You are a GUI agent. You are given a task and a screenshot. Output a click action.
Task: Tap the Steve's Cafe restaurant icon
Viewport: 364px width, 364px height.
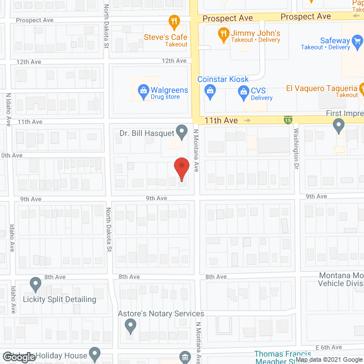pyautogui.click(x=175, y=23)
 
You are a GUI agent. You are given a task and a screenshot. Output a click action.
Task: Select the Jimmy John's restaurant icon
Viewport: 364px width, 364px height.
pyautogui.click(x=224, y=34)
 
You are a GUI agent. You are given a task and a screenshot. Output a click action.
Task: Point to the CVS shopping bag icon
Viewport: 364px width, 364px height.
pyautogui.click(x=243, y=90)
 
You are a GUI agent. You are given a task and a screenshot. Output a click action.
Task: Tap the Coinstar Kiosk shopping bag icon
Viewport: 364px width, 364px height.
pyautogui.click(x=210, y=90)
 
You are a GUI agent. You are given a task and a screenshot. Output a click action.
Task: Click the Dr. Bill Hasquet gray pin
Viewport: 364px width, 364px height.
pyautogui.click(x=181, y=133)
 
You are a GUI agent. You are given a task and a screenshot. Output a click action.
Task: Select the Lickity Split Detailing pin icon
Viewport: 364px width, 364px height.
pyautogui.click(x=35, y=283)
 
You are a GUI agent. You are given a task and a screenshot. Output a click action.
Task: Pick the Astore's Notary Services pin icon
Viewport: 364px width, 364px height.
pyautogui.click(x=130, y=326)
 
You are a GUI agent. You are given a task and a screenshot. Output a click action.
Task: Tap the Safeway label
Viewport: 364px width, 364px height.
pyautogui.click(x=334, y=40)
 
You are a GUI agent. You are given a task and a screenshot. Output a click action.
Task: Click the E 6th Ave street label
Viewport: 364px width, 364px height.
pyautogui.click(x=329, y=347)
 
